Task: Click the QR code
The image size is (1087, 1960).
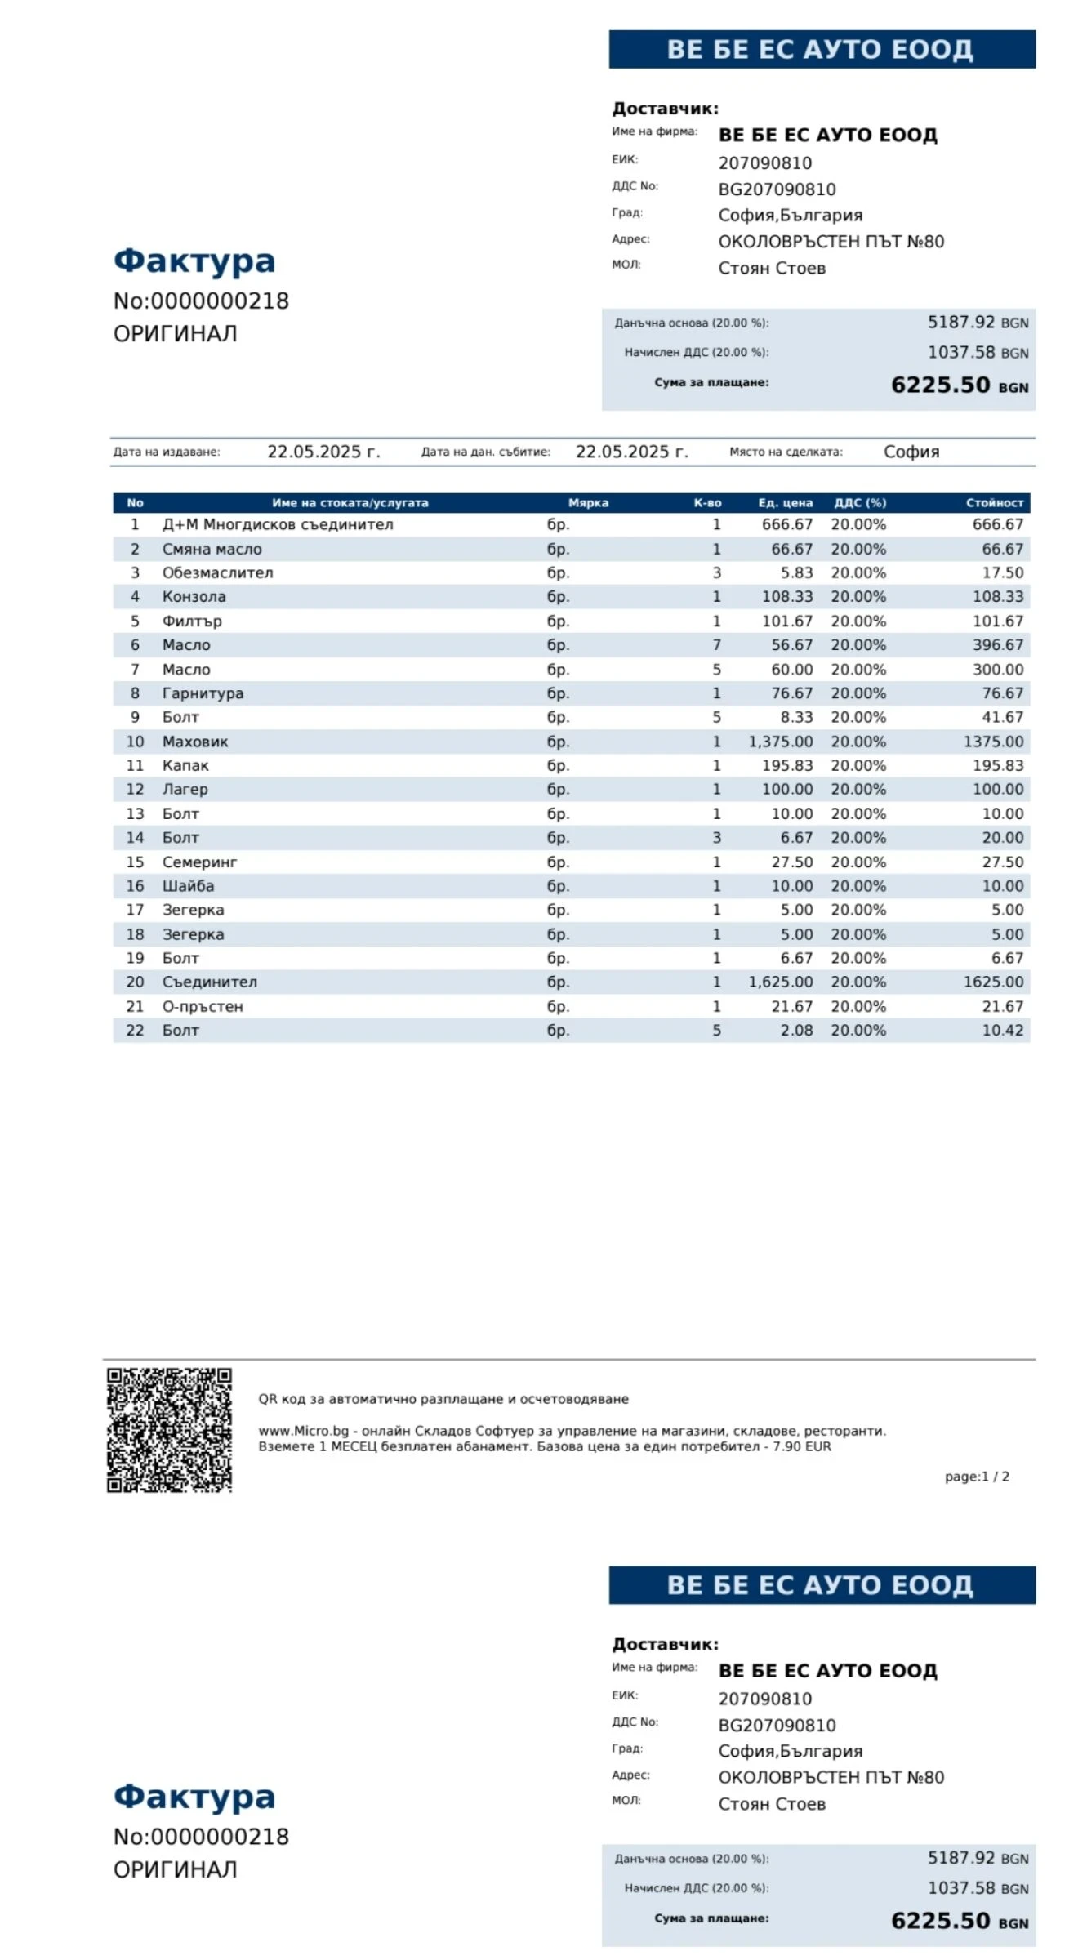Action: (169, 1429)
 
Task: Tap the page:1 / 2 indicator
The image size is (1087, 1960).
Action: (976, 1477)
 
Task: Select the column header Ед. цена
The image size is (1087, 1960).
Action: (785, 503)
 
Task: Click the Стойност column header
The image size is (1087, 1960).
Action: (994, 503)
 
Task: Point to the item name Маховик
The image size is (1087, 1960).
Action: (195, 742)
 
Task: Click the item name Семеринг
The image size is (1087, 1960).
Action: (199, 862)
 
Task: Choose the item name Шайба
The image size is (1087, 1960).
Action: (188, 886)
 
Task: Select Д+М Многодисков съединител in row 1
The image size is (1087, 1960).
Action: (278, 524)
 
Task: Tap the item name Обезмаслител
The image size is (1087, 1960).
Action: (217, 572)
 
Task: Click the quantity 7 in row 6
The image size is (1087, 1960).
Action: (716, 645)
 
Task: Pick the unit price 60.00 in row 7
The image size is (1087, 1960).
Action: (791, 670)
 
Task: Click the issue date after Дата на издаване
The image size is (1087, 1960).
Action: (323, 452)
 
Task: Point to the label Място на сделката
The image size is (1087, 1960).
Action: (786, 452)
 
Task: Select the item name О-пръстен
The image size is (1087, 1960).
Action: (203, 1006)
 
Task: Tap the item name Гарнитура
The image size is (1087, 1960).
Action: (203, 693)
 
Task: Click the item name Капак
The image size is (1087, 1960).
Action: (185, 765)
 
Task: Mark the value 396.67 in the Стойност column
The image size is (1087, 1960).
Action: (997, 645)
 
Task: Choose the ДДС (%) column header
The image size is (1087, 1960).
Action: (859, 503)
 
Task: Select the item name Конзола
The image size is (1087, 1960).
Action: (194, 597)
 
